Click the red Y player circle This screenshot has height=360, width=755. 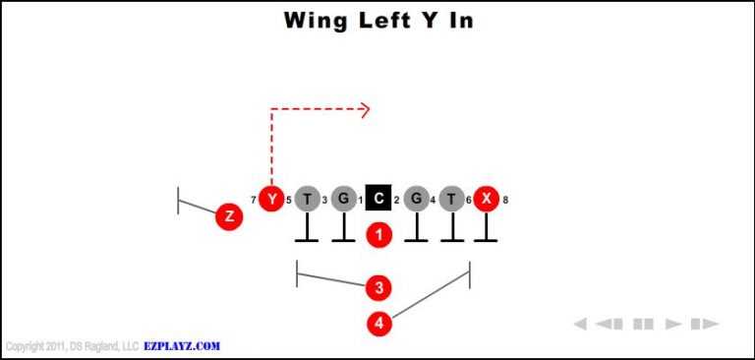click(x=272, y=200)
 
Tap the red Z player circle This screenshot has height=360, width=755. click(x=229, y=216)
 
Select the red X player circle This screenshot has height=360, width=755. click(x=486, y=200)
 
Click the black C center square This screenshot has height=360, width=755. click(x=379, y=200)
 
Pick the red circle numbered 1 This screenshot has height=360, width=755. click(x=379, y=235)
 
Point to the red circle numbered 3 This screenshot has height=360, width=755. click(x=379, y=288)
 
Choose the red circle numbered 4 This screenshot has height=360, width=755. click(x=379, y=322)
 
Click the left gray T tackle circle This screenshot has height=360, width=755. click(x=308, y=200)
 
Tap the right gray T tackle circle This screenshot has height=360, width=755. click(x=451, y=200)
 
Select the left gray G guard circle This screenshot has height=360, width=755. click(x=343, y=200)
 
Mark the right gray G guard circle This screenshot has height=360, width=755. click(x=416, y=200)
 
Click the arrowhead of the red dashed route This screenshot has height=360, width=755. click(x=365, y=109)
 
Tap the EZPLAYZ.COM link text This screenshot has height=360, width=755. click(x=184, y=346)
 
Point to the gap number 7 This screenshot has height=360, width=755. click(x=254, y=201)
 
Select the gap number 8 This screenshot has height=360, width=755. click(x=505, y=201)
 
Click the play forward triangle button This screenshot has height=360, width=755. click(x=673, y=324)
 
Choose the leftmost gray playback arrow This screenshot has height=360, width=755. click(x=580, y=324)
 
